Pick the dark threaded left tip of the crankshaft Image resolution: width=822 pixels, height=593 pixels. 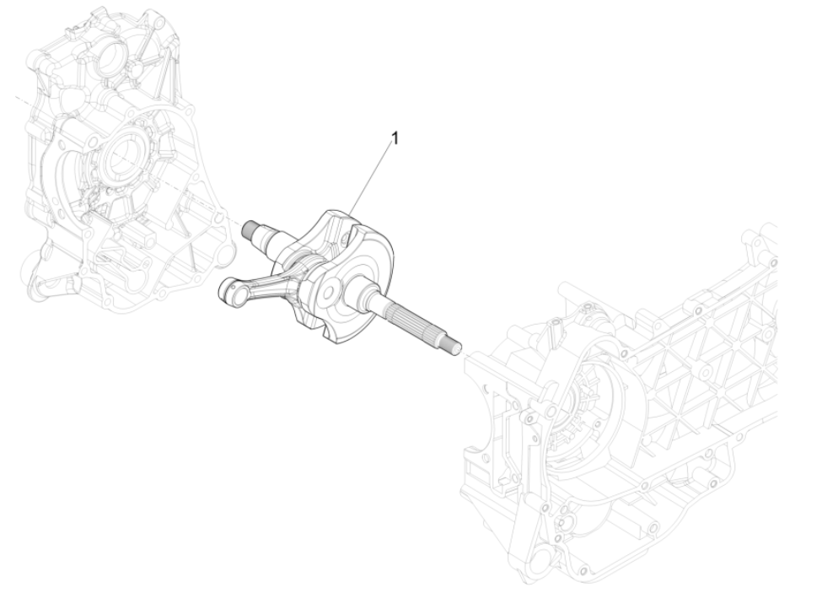(250, 227)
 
